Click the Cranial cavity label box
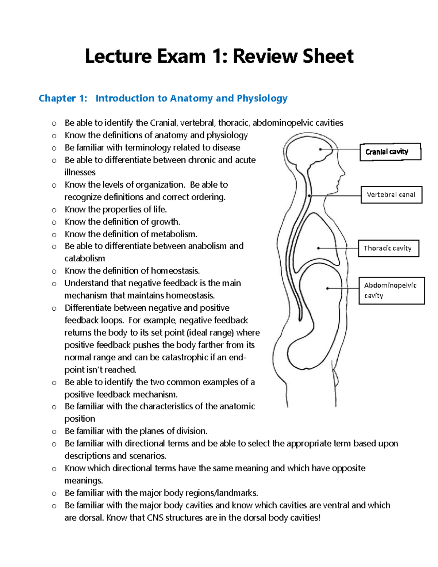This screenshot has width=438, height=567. [390, 152]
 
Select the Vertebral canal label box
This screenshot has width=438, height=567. [391, 195]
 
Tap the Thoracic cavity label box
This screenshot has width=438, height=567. [388, 248]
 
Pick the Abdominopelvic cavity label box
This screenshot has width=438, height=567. [391, 291]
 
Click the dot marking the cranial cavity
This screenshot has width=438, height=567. [320, 149]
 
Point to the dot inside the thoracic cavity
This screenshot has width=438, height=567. [319, 248]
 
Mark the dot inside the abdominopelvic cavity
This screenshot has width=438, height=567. [327, 288]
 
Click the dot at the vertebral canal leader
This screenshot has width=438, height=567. [309, 196]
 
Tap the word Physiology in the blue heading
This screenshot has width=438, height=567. [262, 98]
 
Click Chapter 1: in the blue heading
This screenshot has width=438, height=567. [63, 98]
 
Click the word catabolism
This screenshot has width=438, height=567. [85, 258]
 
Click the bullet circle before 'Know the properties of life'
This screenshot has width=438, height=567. [54, 210]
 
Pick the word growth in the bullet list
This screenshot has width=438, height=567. [165, 222]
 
